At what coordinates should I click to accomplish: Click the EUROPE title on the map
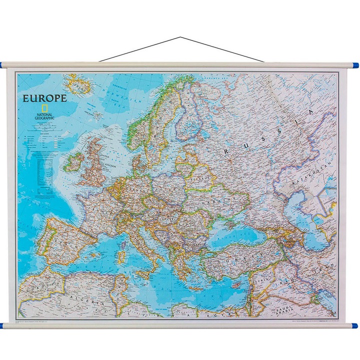(x=44, y=98)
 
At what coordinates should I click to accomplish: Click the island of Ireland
(x=71, y=163)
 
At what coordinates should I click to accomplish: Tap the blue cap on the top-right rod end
(x=354, y=65)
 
